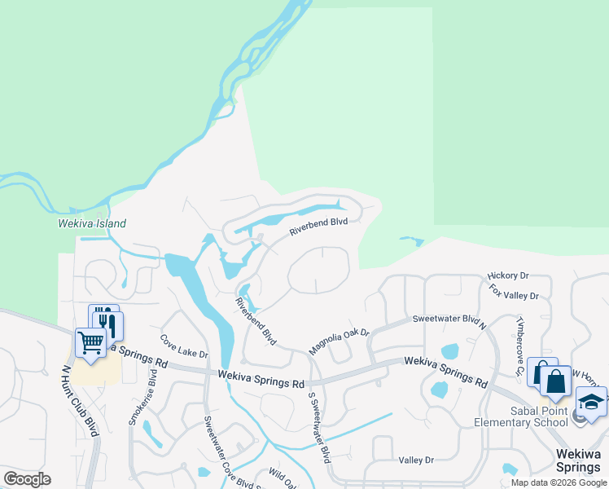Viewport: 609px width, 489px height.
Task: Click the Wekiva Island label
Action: (x=92, y=223)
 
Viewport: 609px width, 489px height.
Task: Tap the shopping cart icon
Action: (x=90, y=342)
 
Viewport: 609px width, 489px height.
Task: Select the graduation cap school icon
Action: (x=591, y=403)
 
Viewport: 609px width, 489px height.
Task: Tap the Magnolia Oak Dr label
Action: (x=339, y=341)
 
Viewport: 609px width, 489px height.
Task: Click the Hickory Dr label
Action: (x=508, y=276)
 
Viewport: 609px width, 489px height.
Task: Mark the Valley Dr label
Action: (x=416, y=460)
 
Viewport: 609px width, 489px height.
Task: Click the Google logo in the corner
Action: (x=27, y=479)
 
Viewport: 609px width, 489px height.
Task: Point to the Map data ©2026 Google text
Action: (x=559, y=482)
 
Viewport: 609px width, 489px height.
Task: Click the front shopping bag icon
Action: (x=554, y=381)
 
